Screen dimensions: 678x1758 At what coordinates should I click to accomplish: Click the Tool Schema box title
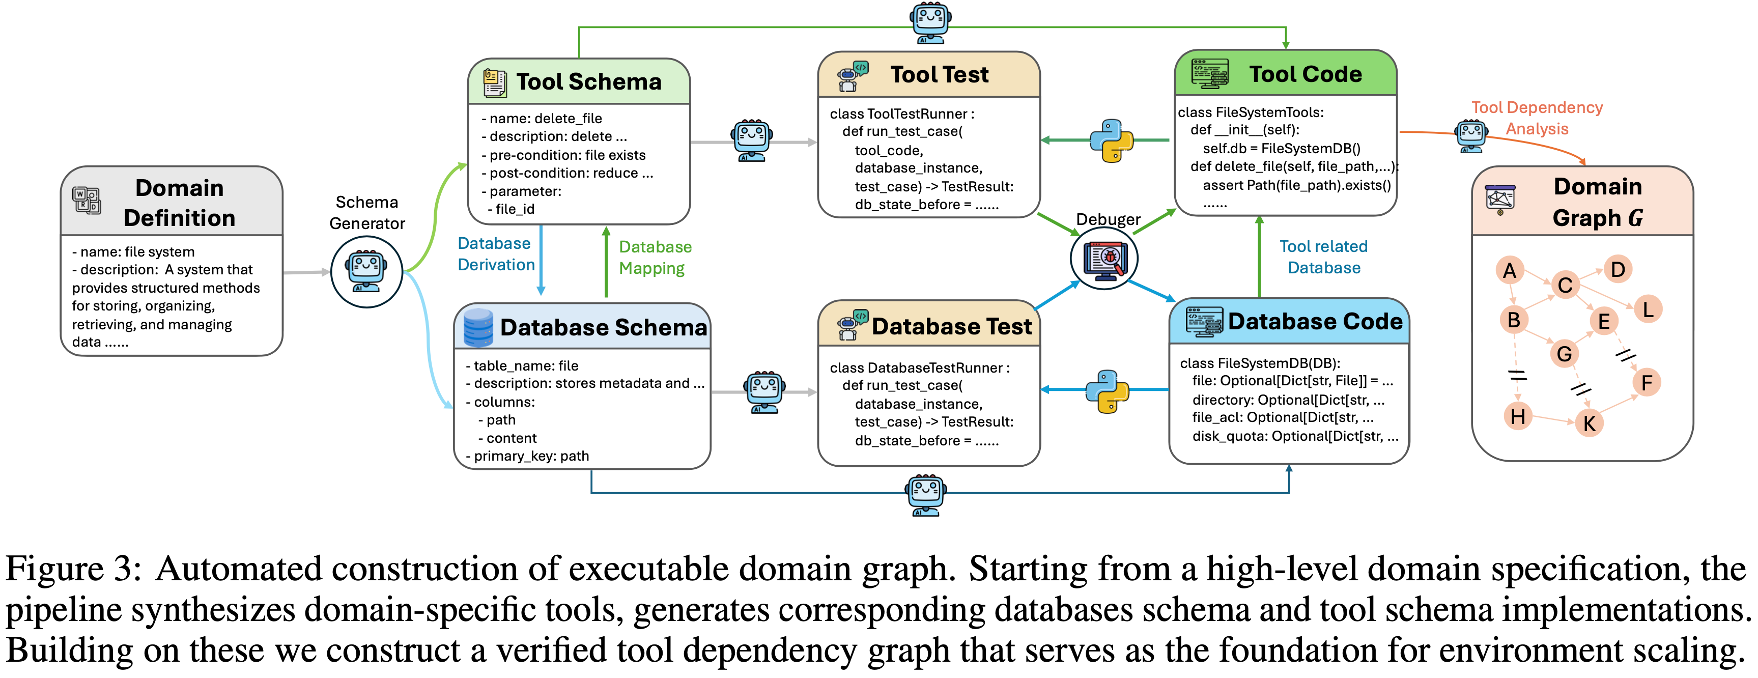point(588,82)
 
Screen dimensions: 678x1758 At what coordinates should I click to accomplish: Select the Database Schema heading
point(603,327)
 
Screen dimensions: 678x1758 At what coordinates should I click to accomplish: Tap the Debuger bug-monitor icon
point(1103,259)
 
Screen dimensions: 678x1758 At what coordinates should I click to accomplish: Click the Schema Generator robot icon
point(366,271)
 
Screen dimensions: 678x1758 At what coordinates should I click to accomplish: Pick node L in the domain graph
point(1648,309)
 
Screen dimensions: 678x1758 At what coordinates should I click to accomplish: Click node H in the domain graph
point(1518,415)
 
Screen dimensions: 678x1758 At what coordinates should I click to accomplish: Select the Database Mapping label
point(655,258)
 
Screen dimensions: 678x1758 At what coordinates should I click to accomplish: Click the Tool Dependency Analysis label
point(1537,118)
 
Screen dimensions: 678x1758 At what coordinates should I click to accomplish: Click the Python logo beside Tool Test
point(1111,140)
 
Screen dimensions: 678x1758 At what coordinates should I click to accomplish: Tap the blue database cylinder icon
point(478,327)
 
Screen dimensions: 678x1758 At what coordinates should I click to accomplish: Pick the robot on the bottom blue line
point(925,494)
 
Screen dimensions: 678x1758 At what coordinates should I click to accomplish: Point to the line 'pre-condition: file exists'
point(567,155)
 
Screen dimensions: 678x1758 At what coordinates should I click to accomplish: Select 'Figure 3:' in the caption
point(74,569)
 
